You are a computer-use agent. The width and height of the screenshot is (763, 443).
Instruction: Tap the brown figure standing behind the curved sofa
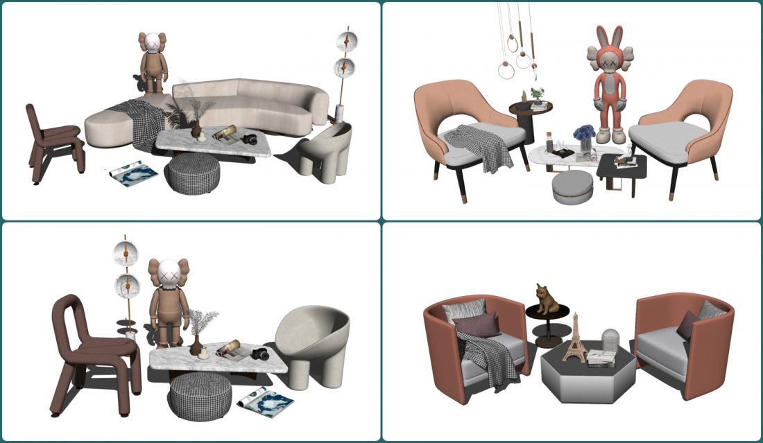point(152,63)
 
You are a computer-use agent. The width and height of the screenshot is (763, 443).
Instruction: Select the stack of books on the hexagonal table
point(600,358)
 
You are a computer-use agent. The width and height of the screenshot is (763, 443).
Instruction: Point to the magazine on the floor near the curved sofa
point(134,173)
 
